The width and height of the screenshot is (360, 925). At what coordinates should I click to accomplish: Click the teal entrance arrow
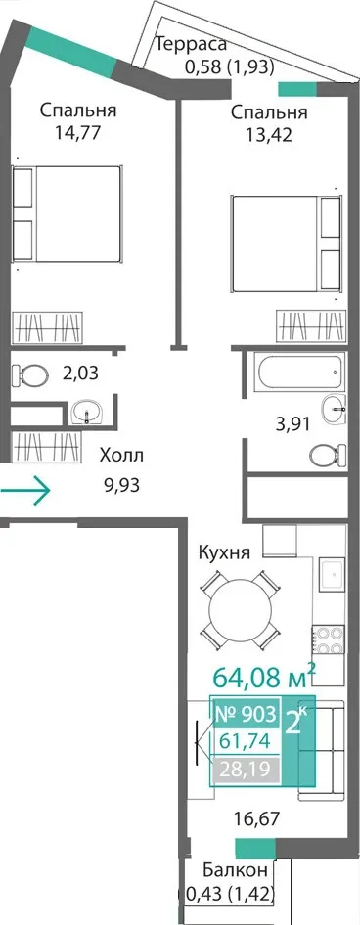[x=24, y=489]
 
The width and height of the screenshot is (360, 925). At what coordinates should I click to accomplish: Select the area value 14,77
[x=76, y=131]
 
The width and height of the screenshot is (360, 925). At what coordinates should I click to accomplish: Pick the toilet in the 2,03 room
[x=30, y=374]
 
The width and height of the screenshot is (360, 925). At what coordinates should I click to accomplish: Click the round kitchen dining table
[x=240, y=611]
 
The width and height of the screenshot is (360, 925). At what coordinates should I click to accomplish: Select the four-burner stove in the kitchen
[x=328, y=639]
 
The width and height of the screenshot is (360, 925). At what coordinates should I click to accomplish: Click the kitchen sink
[x=333, y=574]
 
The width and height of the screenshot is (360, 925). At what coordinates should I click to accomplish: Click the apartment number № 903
[x=246, y=715]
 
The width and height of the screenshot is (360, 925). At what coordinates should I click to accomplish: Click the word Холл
[x=121, y=456]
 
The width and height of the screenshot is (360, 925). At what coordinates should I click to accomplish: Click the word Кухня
[x=224, y=554]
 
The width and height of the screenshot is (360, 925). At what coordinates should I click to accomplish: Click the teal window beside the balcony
[x=255, y=849]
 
